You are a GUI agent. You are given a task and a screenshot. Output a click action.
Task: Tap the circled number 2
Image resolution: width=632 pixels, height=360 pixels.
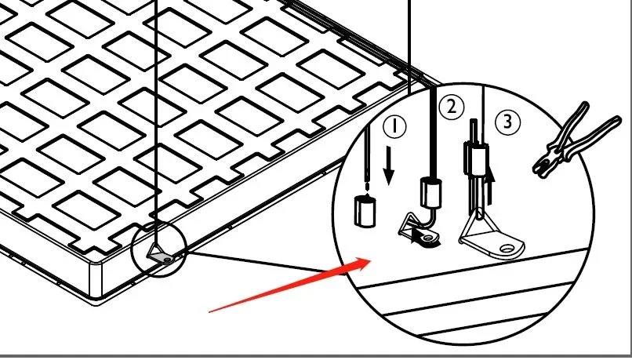pyautogui.click(x=450, y=107)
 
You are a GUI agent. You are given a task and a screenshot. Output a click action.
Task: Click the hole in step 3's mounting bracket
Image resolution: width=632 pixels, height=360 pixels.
pyautogui.click(x=510, y=249)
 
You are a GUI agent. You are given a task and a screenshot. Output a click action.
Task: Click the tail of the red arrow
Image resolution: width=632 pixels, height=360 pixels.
pyautogui.click(x=212, y=310)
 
